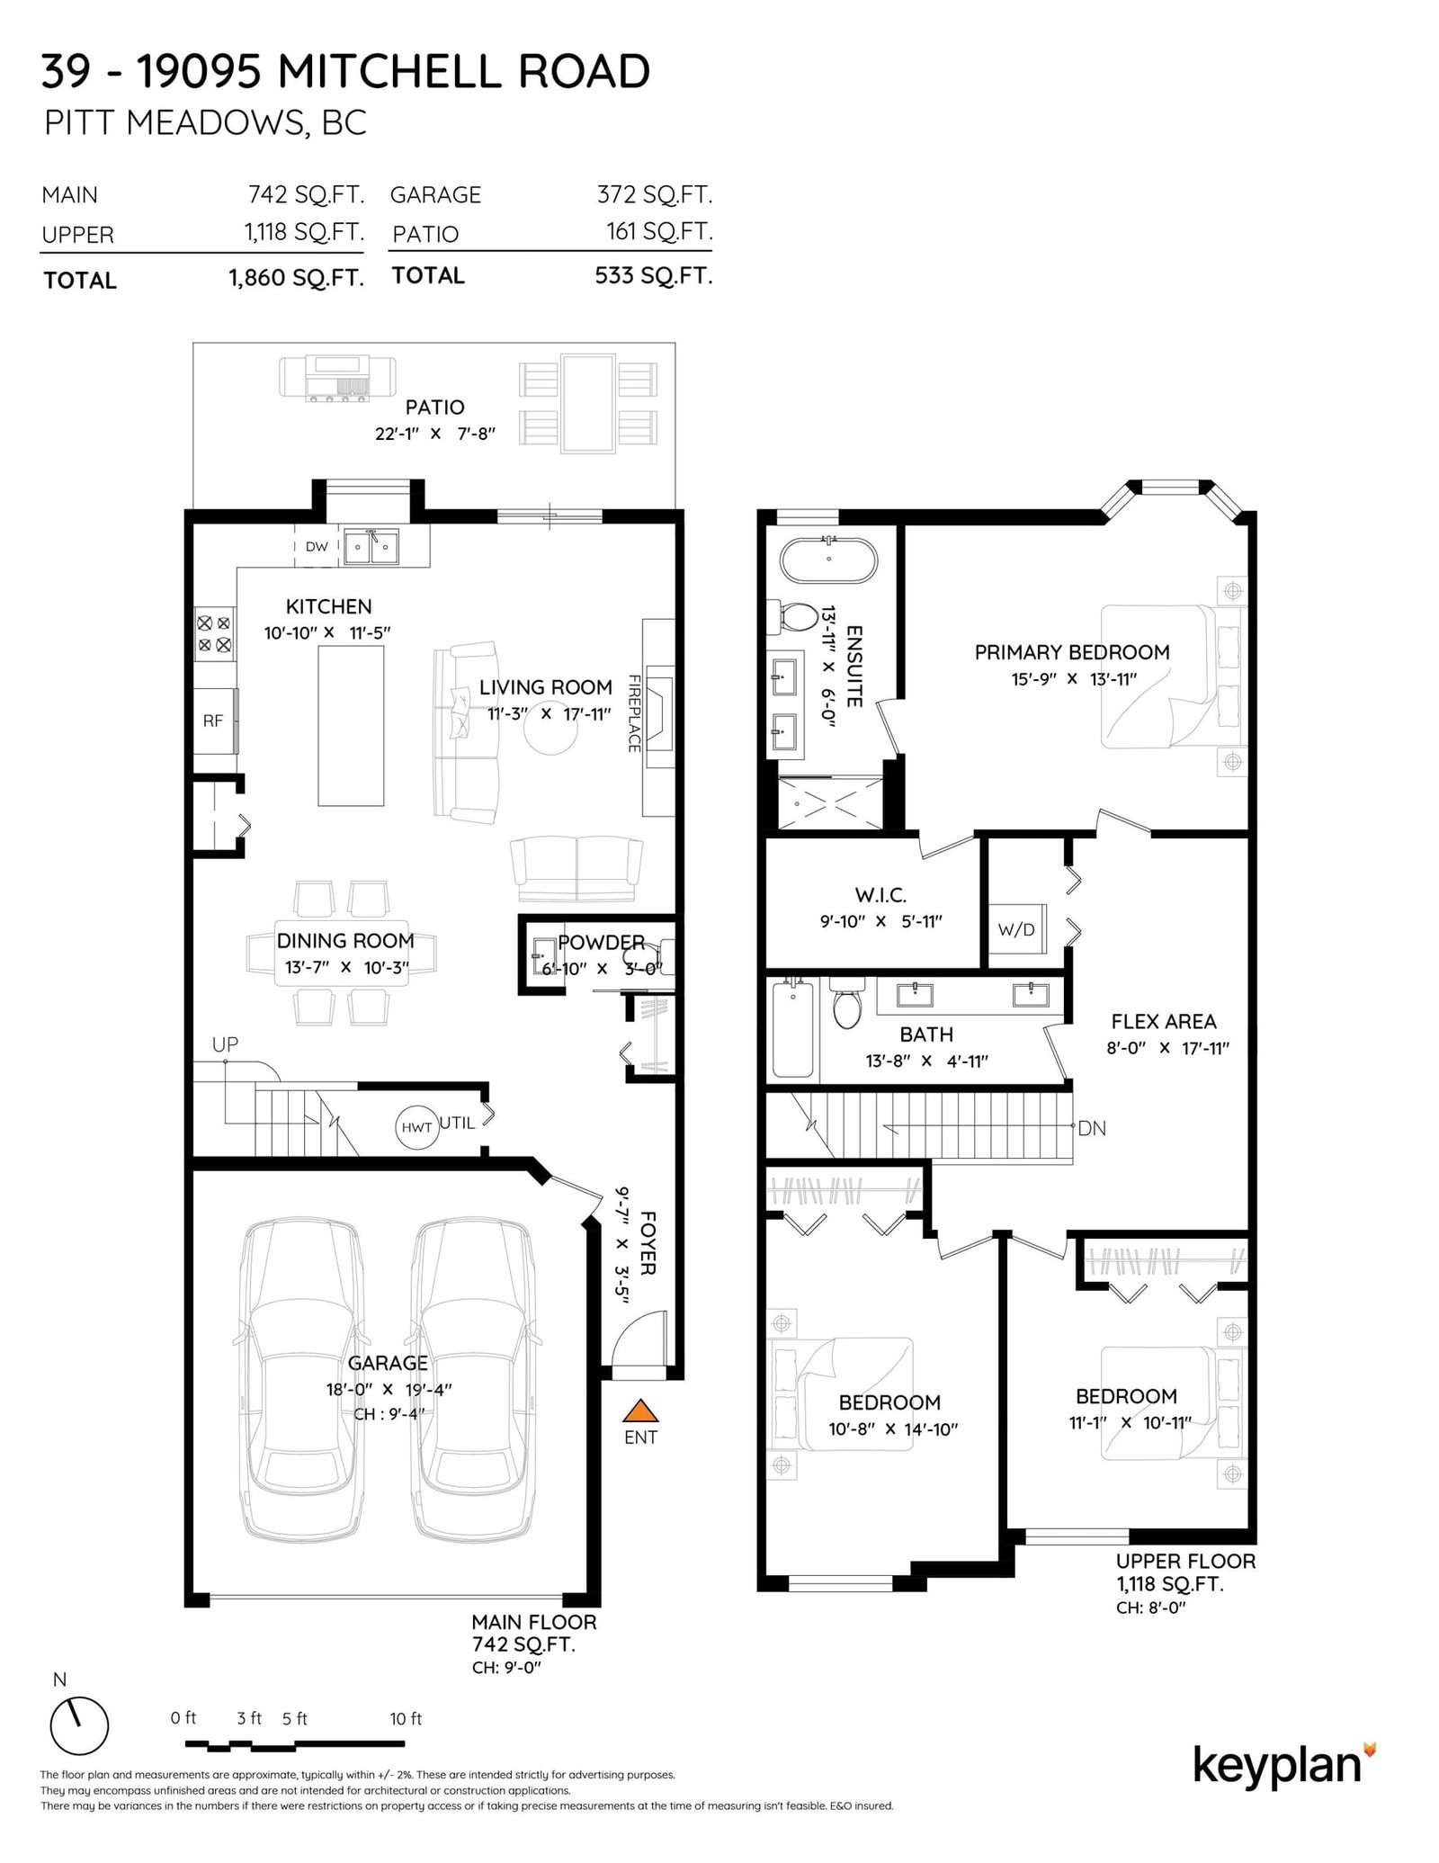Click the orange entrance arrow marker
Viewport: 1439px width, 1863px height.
639,1411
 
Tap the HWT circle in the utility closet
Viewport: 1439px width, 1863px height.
416,1126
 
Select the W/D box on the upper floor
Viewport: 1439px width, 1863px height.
1016,929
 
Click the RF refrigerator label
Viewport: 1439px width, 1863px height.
212,721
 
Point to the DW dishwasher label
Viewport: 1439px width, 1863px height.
317,546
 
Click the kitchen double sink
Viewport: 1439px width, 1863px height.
371,546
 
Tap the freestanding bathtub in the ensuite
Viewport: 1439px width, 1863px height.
827,560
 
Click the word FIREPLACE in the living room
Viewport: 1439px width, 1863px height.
634,713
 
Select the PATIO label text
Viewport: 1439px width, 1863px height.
435,408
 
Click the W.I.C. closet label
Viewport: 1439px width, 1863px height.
880,894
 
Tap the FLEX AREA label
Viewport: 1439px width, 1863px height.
1164,1021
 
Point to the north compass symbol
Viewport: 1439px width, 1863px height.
79,1726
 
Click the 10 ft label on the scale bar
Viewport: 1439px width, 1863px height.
406,1718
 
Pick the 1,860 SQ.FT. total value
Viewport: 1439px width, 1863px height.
296,277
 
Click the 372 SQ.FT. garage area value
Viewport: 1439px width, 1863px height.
654,194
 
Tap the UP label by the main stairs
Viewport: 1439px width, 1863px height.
225,1044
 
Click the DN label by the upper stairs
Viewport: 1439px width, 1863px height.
1091,1128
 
